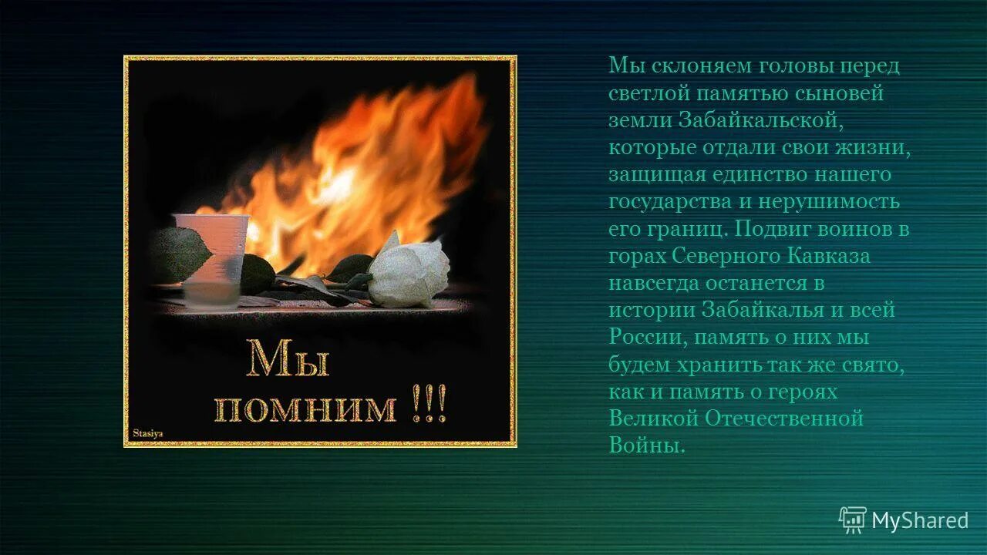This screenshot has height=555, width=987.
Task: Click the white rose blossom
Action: [408, 274]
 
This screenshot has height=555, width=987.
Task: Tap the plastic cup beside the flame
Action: [211, 258]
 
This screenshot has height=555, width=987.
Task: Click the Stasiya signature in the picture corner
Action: [148, 433]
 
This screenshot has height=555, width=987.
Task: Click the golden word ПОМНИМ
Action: [305, 409]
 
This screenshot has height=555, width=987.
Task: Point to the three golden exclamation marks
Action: [429, 406]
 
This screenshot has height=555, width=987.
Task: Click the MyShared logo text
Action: [919, 521]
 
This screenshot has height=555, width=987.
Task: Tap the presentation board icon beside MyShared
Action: [853, 520]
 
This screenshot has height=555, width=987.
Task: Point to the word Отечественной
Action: [784, 419]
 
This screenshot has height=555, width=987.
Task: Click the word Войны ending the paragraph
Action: [645, 446]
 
